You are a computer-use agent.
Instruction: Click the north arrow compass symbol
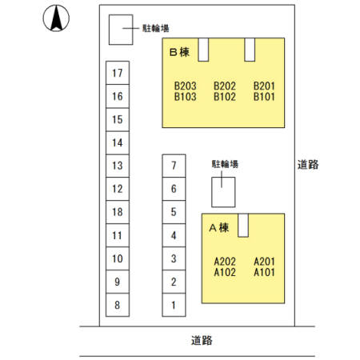tap(56, 18)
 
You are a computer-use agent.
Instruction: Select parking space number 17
tap(118, 73)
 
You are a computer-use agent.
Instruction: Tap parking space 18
tap(118, 212)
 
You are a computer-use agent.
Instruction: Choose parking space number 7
tap(174, 166)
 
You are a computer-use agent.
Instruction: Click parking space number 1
tap(174, 305)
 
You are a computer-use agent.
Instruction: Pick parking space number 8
tap(118, 305)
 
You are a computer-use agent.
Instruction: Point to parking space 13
tap(118, 166)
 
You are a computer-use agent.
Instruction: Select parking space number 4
tap(174, 235)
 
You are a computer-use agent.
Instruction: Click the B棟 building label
tap(179, 52)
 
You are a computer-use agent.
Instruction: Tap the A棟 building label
tap(219, 228)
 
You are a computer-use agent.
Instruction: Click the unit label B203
tap(186, 86)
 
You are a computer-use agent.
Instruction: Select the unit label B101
tap(264, 97)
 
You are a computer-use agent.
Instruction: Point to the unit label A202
tap(225, 262)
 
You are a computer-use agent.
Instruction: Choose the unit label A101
tap(264, 272)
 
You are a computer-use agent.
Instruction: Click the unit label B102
tap(225, 97)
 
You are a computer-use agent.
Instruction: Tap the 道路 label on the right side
tap(308, 165)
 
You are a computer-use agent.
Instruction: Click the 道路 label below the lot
tap(202, 341)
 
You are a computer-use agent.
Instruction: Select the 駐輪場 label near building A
tap(225, 164)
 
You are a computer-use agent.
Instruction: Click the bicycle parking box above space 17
tap(121, 30)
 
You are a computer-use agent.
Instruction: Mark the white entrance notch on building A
tap(243, 226)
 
